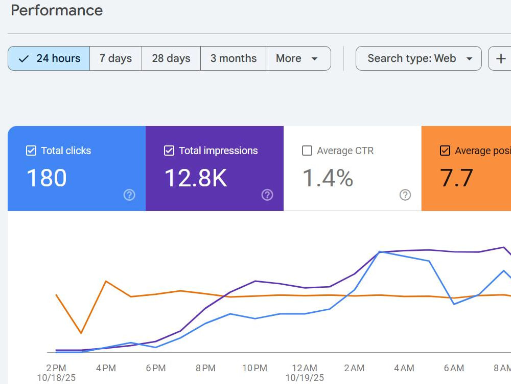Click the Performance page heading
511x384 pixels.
tap(57, 10)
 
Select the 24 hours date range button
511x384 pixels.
tap(49, 58)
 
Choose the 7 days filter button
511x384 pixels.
tap(115, 58)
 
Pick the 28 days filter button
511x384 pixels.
tap(171, 58)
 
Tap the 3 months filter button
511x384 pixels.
tap(234, 58)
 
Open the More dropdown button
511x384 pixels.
tap(298, 58)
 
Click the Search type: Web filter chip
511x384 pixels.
tap(419, 58)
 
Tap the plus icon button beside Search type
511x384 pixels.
tap(500, 59)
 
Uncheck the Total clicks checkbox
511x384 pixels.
tap(31, 151)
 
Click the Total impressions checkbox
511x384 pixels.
tap(169, 151)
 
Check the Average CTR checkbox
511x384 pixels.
tap(307, 151)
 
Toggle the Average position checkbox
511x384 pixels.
tap(445, 151)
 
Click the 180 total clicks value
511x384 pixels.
tap(47, 178)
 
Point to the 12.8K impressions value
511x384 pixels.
tap(196, 178)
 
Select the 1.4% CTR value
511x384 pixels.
tap(328, 178)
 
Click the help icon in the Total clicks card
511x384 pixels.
tap(129, 195)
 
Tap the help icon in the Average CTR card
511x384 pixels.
tap(405, 195)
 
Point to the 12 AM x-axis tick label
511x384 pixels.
tap(305, 368)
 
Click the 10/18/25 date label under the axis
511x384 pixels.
tap(56, 378)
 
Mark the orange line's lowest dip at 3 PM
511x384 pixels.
tap(81, 333)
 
